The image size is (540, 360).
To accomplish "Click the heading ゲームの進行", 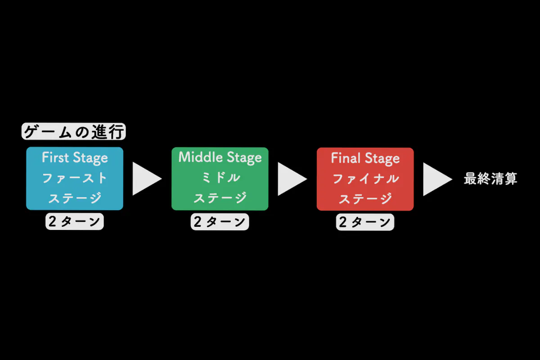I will click(x=74, y=132).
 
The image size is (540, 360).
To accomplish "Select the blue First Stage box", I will click(x=74, y=178).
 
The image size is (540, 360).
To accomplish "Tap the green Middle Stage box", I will click(x=220, y=178).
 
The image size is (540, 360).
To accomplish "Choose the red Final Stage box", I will click(x=365, y=179).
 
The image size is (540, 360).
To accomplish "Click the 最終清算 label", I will click(x=490, y=179).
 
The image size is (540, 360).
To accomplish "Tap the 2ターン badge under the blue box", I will click(x=75, y=222).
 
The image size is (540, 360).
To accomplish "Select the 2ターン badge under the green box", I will click(x=220, y=222).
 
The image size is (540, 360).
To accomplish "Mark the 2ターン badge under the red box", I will click(x=365, y=222).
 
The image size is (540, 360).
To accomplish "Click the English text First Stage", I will click(x=75, y=158).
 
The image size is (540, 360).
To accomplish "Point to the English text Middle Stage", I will click(x=220, y=157).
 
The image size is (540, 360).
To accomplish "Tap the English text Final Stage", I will click(x=365, y=158).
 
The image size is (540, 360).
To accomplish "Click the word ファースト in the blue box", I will click(x=75, y=178).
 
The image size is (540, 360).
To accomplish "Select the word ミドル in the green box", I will click(x=220, y=178).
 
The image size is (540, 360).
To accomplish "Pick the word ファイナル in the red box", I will click(x=365, y=179).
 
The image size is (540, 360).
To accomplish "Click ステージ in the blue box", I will click(x=75, y=198).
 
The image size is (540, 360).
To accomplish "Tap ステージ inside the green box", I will click(x=220, y=198).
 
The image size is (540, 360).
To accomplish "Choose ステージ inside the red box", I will click(x=365, y=198).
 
